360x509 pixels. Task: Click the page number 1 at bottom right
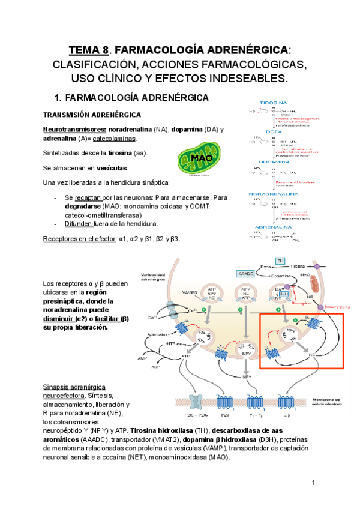(313, 483)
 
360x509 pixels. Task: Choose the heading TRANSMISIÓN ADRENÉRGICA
(98, 114)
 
